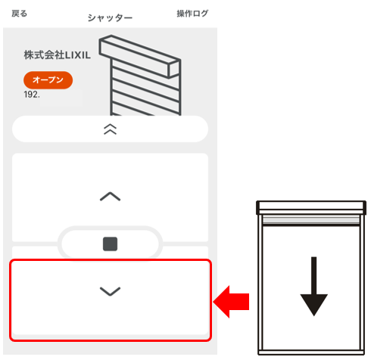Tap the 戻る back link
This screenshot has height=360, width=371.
click(x=19, y=14)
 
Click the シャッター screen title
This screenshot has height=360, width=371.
click(x=110, y=18)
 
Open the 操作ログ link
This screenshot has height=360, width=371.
click(x=192, y=14)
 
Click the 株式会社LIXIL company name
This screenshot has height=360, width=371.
click(x=57, y=55)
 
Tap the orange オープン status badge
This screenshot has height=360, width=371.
click(x=48, y=80)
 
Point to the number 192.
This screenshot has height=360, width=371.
click(x=32, y=95)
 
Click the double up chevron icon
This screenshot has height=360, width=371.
click(x=110, y=129)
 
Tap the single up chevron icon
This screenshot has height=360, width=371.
click(x=110, y=197)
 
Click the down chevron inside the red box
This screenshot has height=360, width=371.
click(x=110, y=291)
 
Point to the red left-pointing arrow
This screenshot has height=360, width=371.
click(x=231, y=302)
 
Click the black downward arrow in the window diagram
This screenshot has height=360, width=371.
click(x=313, y=287)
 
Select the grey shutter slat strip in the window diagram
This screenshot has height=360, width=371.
click(x=311, y=220)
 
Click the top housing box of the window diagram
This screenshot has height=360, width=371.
click(x=311, y=207)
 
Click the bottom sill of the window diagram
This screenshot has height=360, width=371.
click(x=311, y=352)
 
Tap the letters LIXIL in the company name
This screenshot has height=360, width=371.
click(x=78, y=55)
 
